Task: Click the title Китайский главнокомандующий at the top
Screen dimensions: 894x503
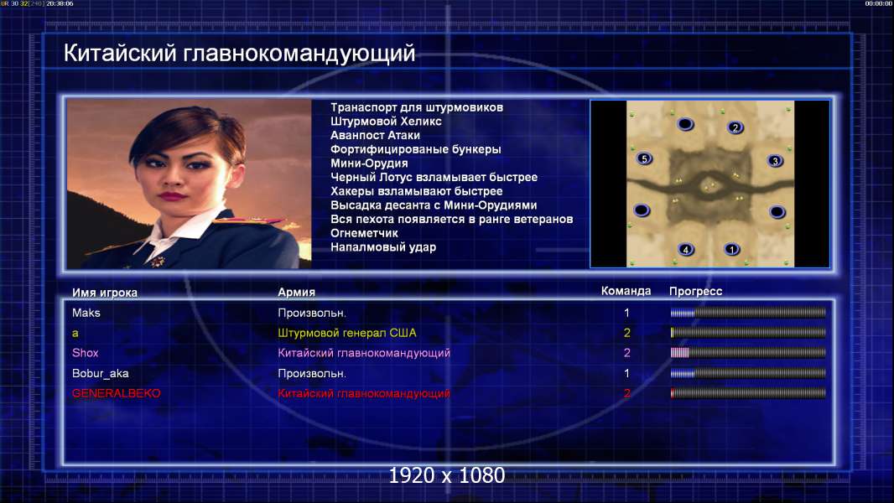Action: [239, 53]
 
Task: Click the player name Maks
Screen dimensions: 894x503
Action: [86, 313]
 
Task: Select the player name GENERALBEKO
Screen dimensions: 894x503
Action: [117, 393]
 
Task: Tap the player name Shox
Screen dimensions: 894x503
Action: [85, 353]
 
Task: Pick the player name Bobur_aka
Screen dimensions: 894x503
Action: [101, 373]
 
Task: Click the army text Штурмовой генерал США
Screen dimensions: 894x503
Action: [346, 333]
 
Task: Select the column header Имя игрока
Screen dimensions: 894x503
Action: [104, 293]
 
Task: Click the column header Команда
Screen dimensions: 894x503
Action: [626, 291]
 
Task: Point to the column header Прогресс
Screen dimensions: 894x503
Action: [695, 291]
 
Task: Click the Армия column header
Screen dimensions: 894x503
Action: [297, 292]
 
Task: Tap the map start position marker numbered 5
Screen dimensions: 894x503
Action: [644, 158]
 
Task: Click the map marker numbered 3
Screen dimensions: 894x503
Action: [775, 161]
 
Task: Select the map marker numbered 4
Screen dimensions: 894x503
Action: [686, 249]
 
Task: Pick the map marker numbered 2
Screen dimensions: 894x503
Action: [735, 127]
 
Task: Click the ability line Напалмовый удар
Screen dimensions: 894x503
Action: [383, 247]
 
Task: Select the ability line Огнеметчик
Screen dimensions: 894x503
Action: [364, 233]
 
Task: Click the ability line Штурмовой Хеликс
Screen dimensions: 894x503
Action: [386, 122]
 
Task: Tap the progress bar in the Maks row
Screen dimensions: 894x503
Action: [748, 312]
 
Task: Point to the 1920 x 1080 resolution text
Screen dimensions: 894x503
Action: [447, 475]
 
